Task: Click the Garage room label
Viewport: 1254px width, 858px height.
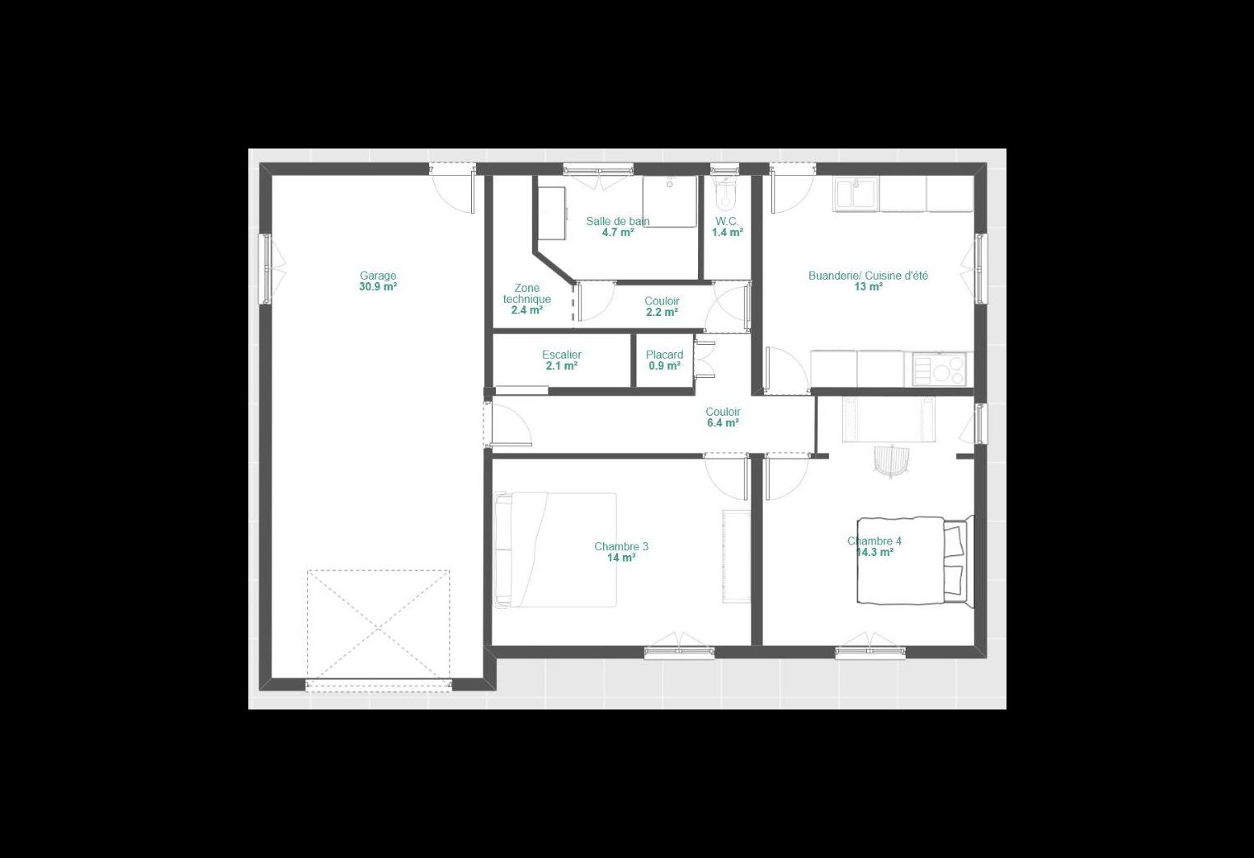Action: pyautogui.click(x=378, y=276)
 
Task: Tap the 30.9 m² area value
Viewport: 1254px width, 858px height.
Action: pyautogui.click(x=378, y=286)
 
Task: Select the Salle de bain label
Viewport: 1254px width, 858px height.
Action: pyautogui.click(x=618, y=221)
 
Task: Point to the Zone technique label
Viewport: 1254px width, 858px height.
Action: pyautogui.click(x=527, y=293)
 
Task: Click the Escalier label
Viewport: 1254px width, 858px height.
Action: pyautogui.click(x=562, y=354)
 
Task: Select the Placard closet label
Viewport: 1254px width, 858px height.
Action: pyautogui.click(x=664, y=354)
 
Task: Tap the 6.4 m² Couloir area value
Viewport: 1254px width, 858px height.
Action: pyautogui.click(x=723, y=422)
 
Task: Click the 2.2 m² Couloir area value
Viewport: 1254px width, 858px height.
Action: pyautogui.click(x=662, y=313)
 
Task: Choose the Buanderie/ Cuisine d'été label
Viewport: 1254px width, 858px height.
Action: pyautogui.click(x=868, y=276)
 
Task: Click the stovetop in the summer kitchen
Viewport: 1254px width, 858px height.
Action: pyautogui.click(x=940, y=369)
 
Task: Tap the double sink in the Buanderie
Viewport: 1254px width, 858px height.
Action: pyautogui.click(x=856, y=194)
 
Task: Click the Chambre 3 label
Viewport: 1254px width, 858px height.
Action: pyautogui.click(x=621, y=546)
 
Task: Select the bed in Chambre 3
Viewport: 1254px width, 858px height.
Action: pyautogui.click(x=555, y=549)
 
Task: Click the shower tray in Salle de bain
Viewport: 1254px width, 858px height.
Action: pyautogui.click(x=670, y=201)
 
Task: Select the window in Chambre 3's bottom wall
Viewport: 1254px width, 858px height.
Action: pyautogui.click(x=679, y=652)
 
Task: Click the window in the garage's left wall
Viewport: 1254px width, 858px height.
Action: pyautogui.click(x=266, y=269)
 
